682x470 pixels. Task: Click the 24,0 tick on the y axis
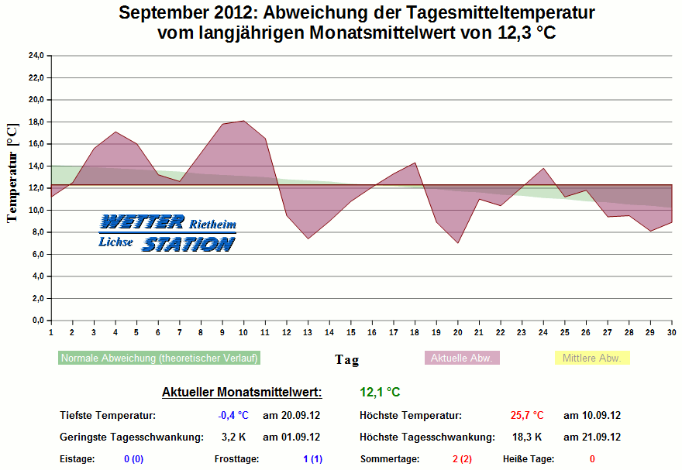tap(36, 56)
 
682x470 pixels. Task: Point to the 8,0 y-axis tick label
tap(36, 232)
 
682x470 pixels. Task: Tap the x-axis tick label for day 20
tap(458, 332)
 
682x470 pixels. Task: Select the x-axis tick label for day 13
tap(308, 332)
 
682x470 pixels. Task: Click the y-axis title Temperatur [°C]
tap(12, 173)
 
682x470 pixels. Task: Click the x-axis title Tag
tap(346, 359)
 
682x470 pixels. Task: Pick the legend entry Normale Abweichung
tap(159, 359)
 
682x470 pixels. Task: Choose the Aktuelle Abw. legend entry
tap(462, 359)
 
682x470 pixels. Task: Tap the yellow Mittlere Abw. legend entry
tap(592, 359)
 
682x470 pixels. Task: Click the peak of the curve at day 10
tap(244, 121)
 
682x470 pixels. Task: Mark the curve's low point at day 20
tap(458, 242)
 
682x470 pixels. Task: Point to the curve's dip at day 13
tap(308, 238)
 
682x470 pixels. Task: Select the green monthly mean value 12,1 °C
tap(380, 393)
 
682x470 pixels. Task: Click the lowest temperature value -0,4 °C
tap(233, 415)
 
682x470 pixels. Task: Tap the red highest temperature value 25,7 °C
tap(527, 415)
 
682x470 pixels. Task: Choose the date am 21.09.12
tap(591, 437)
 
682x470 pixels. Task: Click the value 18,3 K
tap(527, 437)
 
